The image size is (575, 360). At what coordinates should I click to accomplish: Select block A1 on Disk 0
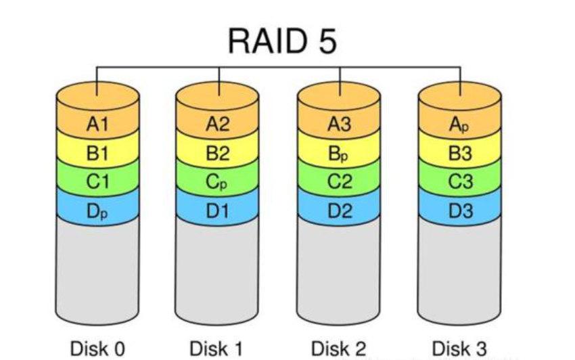(97, 124)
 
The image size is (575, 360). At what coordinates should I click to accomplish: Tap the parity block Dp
(97, 211)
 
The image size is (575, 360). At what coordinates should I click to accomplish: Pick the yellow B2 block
(218, 154)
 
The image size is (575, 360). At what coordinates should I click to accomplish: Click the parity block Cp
(218, 183)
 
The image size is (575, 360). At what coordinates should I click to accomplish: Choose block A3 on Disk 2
(340, 124)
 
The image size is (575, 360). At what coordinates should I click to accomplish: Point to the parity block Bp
(340, 154)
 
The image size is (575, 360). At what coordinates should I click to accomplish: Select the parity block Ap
(460, 124)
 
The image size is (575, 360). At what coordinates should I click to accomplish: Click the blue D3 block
(460, 211)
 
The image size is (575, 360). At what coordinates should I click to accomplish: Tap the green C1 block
(97, 183)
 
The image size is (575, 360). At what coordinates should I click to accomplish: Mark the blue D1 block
(218, 211)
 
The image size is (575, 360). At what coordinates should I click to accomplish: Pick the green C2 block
(340, 183)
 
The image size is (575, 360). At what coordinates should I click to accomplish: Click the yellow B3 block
(460, 154)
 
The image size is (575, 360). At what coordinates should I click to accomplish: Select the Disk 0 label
(97, 348)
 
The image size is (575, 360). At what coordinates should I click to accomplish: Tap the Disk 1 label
(218, 348)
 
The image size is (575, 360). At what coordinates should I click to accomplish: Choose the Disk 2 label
(340, 348)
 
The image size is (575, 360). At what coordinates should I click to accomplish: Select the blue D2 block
(340, 211)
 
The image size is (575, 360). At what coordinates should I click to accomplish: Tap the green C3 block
(460, 183)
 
